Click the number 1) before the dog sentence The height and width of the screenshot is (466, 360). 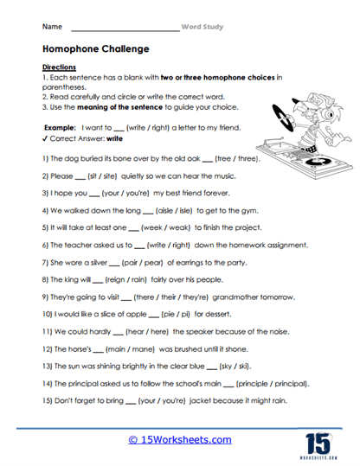(x=45, y=160)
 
